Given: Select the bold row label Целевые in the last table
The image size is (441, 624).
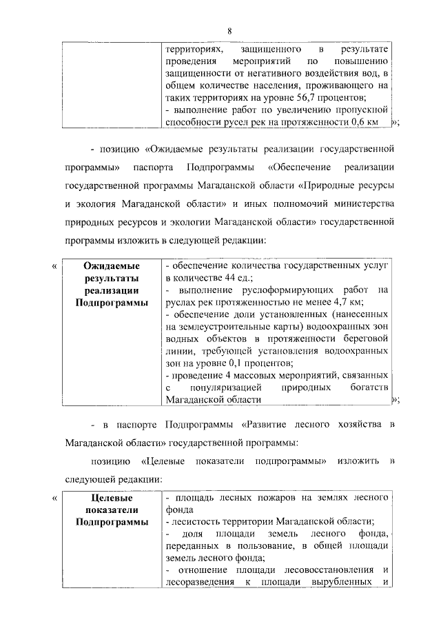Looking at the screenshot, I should (112, 497).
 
